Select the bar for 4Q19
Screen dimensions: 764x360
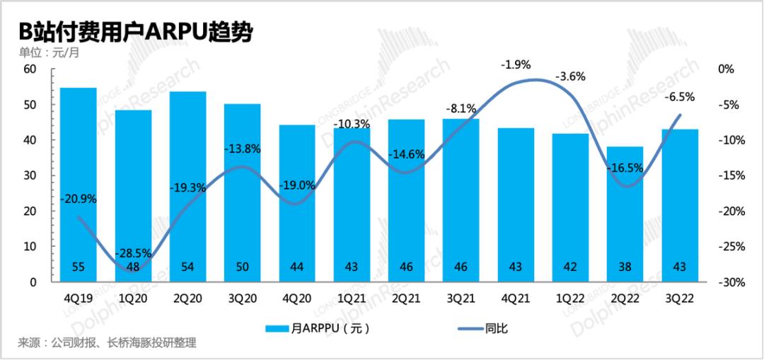[78, 185]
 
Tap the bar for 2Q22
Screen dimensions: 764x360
[625, 214]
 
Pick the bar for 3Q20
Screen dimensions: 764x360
[242, 193]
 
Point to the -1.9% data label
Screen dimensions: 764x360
[515, 64]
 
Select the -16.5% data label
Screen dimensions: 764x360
[625, 168]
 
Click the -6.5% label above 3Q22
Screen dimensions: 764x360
[680, 97]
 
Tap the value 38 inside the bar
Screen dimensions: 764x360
[625, 267]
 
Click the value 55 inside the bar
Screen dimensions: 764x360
[78, 267]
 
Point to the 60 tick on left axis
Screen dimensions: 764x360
[30, 69]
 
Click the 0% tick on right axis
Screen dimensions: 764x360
[726, 69]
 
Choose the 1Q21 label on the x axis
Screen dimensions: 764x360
[352, 296]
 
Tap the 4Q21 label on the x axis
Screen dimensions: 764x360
[516, 296]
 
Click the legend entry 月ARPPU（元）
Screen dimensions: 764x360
[318, 329]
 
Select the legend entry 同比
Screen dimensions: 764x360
[483, 329]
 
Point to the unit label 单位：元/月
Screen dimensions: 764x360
[50, 52]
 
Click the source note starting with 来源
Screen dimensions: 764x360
[108, 343]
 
